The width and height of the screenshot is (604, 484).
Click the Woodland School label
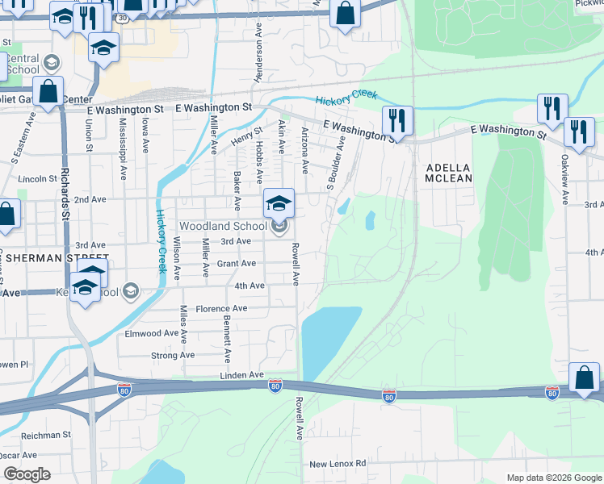point(222,227)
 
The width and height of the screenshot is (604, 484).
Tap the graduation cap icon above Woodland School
point(279,203)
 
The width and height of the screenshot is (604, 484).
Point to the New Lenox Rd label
point(338,464)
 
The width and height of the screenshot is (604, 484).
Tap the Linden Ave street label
point(242,375)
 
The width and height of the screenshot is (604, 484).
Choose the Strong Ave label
point(173,355)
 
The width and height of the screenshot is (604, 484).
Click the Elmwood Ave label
point(150,332)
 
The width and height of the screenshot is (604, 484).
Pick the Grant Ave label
point(237,263)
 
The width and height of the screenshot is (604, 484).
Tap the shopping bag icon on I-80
point(584,379)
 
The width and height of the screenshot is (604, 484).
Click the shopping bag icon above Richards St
point(48,92)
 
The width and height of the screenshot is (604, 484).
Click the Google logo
point(27,474)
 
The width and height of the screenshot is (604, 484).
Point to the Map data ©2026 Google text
point(553,478)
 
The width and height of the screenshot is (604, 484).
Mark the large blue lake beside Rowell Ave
point(331,336)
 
